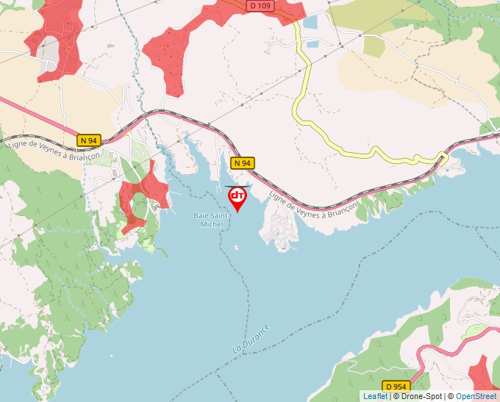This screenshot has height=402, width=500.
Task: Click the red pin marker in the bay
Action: tap(238, 197)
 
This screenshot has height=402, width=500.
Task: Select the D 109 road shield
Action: tap(261, 5)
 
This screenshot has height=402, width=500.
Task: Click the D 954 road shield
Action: tap(395, 385)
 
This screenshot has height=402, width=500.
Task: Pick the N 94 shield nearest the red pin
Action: tap(243, 162)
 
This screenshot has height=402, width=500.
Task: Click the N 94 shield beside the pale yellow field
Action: tap(88, 140)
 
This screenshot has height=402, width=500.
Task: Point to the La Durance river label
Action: tap(251, 337)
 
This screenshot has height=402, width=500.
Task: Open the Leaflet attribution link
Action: tap(375, 396)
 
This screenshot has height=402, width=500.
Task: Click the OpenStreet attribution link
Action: tap(476, 396)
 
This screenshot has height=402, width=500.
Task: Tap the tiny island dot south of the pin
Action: tap(236, 246)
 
